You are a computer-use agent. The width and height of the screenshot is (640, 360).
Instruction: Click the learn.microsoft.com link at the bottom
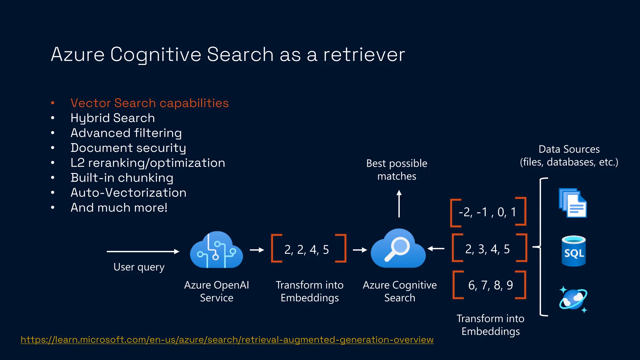(x=227, y=339)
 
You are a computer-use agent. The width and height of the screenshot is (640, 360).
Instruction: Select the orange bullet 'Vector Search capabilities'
(x=150, y=103)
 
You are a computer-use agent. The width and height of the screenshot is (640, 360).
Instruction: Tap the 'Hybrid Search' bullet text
(x=112, y=118)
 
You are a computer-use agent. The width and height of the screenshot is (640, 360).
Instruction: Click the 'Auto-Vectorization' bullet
(x=128, y=193)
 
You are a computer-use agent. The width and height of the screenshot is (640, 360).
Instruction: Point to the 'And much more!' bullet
(x=119, y=208)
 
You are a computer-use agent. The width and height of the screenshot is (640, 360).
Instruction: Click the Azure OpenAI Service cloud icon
(x=216, y=250)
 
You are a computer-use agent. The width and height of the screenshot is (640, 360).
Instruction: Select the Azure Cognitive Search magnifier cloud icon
(x=398, y=249)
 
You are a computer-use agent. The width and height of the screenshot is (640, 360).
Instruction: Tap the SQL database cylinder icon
(x=574, y=251)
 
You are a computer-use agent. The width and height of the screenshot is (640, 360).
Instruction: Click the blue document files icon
(x=572, y=203)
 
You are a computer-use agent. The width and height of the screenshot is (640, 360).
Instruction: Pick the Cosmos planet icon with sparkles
(x=573, y=299)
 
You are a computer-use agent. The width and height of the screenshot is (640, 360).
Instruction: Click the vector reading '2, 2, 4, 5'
(x=307, y=250)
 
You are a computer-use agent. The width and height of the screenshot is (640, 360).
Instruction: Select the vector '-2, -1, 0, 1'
(x=487, y=212)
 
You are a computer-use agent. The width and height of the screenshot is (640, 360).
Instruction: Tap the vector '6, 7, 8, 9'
(x=490, y=285)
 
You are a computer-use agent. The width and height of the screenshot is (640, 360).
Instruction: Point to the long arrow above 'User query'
(x=143, y=251)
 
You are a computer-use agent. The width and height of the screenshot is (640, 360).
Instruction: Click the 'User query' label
(x=139, y=267)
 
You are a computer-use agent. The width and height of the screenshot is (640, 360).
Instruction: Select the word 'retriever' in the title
(x=364, y=54)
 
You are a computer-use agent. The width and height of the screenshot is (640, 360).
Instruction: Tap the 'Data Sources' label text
(x=569, y=149)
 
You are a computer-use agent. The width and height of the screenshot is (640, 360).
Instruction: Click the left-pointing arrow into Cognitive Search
(x=436, y=249)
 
